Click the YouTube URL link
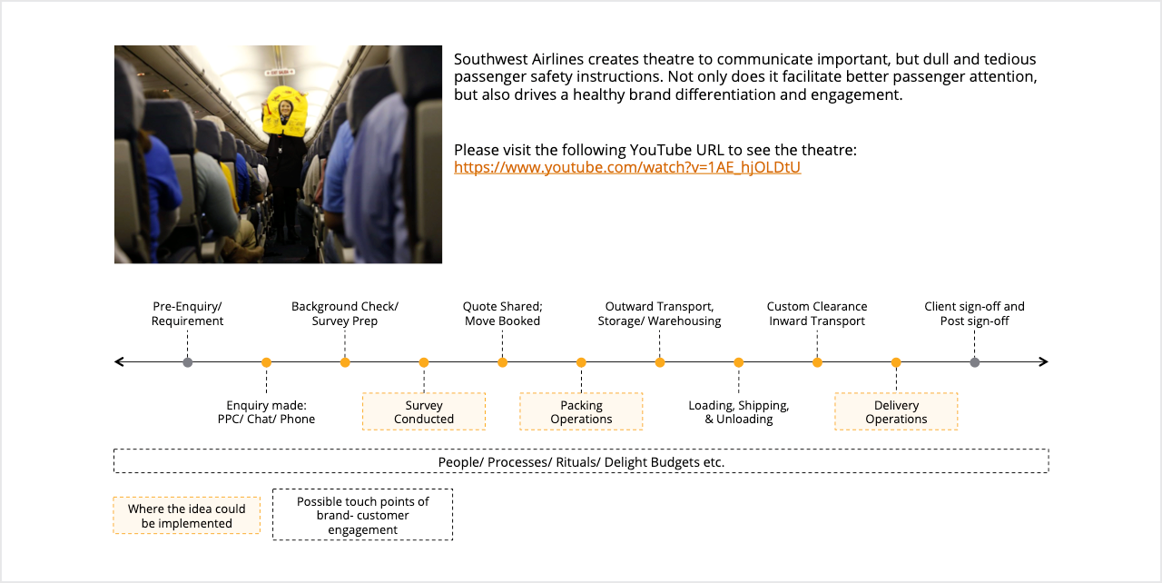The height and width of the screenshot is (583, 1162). point(627,168)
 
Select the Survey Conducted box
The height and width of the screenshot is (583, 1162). point(424,412)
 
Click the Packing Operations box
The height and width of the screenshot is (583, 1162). point(581,412)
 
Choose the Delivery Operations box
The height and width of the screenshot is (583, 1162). point(896,412)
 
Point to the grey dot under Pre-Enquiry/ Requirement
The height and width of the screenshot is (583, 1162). point(188,362)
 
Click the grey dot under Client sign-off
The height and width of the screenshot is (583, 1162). point(975,362)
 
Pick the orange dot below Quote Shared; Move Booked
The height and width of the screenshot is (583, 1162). point(503,362)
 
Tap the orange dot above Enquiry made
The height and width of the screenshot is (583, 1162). point(266,362)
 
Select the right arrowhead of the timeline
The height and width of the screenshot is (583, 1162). point(1044,362)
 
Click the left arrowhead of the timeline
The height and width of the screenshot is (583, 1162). point(119,362)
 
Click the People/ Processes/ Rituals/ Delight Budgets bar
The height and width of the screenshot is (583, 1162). point(581,461)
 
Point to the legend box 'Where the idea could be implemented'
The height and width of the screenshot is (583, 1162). point(186,516)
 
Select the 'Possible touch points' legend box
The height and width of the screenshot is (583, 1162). point(362,516)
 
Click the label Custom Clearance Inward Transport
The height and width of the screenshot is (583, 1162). point(817,314)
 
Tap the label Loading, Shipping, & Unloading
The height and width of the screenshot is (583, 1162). point(739,412)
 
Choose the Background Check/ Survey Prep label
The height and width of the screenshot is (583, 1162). point(345,314)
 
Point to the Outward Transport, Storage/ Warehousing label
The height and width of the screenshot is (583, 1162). point(660,314)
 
